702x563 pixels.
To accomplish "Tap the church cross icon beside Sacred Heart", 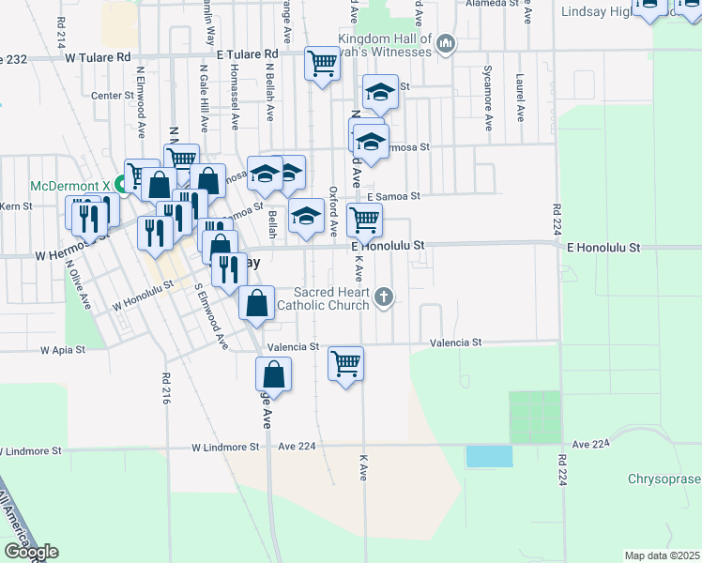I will [x=383, y=297].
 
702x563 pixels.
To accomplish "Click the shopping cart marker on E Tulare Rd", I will [x=322, y=64].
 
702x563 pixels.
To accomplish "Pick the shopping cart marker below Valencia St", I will [x=345, y=363].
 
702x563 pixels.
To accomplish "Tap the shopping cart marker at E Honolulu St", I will [x=363, y=221].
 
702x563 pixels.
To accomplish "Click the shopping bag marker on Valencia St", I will [x=256, y=304].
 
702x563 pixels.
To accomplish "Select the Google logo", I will [x=30, y=552].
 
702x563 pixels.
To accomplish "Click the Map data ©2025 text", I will [x=662, y=555].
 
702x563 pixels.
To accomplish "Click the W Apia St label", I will [x=62, y=350].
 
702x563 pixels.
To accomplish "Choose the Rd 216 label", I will [x=165, y=388].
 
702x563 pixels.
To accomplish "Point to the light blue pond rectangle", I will [x=490, y=457].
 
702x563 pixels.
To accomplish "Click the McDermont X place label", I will [x=70, y=185].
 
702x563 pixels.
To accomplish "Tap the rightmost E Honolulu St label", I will [x=603, y=248].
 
